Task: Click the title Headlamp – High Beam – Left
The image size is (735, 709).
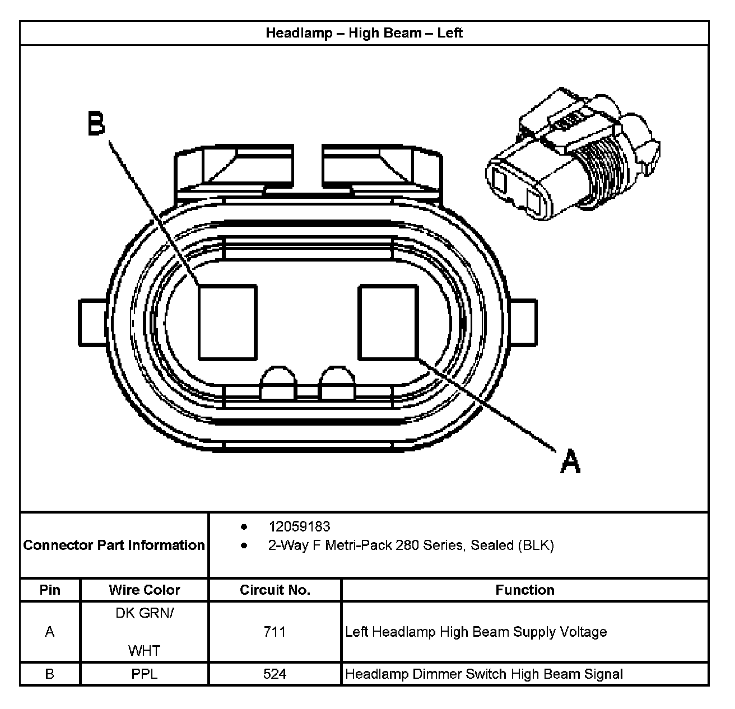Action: pyautogui.click(x=364, y=33)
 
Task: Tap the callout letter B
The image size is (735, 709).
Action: pyautogui.click(x=96, y=124)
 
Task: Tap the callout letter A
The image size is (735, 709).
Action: pyautogui.click(x=570, y=461)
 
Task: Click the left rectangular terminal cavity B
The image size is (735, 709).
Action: pyautogui.click(x=227, y=322)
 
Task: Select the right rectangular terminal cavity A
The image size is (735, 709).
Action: pyautogui.click(x=388, y=322)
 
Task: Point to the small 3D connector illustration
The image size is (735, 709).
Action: pyautogui.click(x=571, y=154)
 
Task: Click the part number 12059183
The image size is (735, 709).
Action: pyautogui.click(x=299, y=526)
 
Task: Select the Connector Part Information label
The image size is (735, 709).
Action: pyautogui.click(x=114, y=545)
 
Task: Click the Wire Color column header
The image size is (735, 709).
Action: pyautogui.click(x=144, y=590)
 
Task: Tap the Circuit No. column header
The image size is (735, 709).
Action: pyautogui.click(x=275, y=590)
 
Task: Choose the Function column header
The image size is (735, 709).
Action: pyautogui.click(x=524, y=590)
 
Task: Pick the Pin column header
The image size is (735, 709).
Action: pyautogui.click(x=50, y=590)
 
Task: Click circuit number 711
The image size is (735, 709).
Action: pyautogui.click(x=275, y=632)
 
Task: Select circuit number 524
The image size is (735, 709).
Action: pyautogui.click(x=275, y=674)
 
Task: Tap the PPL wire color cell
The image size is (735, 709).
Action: pyautogui.click(x=144, y=674)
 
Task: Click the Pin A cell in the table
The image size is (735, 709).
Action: pyautogui.click(x=50, y=632)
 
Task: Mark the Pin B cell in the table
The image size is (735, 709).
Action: pyautogui.click(x=50, y=674)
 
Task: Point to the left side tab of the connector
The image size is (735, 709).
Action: pyautogui.click(x=92, y=323)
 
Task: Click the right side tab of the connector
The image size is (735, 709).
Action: pyautogui.click(x=524, y=323)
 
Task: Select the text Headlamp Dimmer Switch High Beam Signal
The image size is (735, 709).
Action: pyautogui.click(x=484, y=674)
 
